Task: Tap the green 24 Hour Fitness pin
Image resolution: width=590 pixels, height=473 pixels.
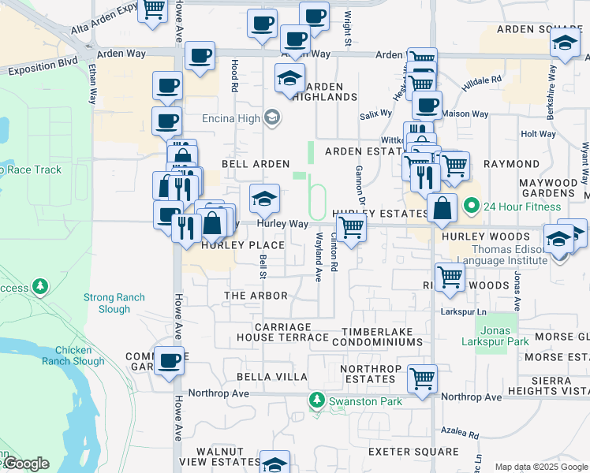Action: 472,207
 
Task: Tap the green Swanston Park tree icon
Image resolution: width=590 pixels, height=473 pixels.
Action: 317,401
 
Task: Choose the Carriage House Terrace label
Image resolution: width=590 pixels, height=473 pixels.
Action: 282,332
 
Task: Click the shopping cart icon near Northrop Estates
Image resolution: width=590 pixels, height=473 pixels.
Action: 422,378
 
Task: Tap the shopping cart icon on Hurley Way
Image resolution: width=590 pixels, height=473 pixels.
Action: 352,228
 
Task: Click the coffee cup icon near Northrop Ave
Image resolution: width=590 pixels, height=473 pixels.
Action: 169,361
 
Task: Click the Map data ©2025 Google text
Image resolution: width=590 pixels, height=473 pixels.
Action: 541,467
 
